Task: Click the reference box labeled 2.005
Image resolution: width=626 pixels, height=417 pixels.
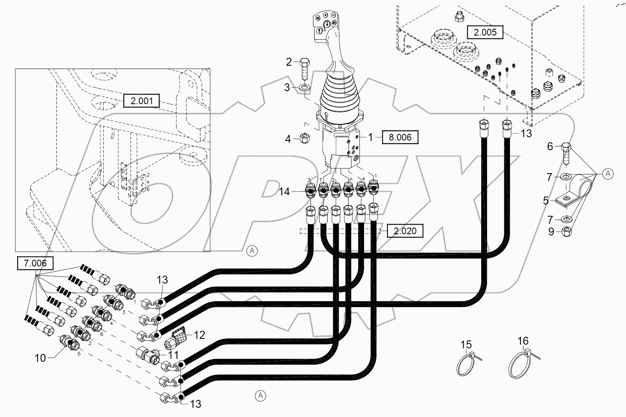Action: point(485,32)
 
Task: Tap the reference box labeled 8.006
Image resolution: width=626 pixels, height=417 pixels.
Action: point(400,137)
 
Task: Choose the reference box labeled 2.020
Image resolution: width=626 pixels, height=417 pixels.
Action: point(405,230)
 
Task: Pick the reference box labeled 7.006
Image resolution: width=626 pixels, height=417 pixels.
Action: point(36,264)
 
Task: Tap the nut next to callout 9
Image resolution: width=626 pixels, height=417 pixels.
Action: point(565,231)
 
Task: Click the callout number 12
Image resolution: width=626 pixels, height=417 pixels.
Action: point(200,335)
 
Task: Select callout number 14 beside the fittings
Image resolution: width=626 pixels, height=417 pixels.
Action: point(285,192)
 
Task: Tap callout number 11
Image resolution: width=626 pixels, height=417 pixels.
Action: point(173,355)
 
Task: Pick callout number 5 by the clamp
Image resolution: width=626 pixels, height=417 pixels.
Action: point(546,201)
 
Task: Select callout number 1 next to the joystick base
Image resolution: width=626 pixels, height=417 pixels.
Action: point(370,137)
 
